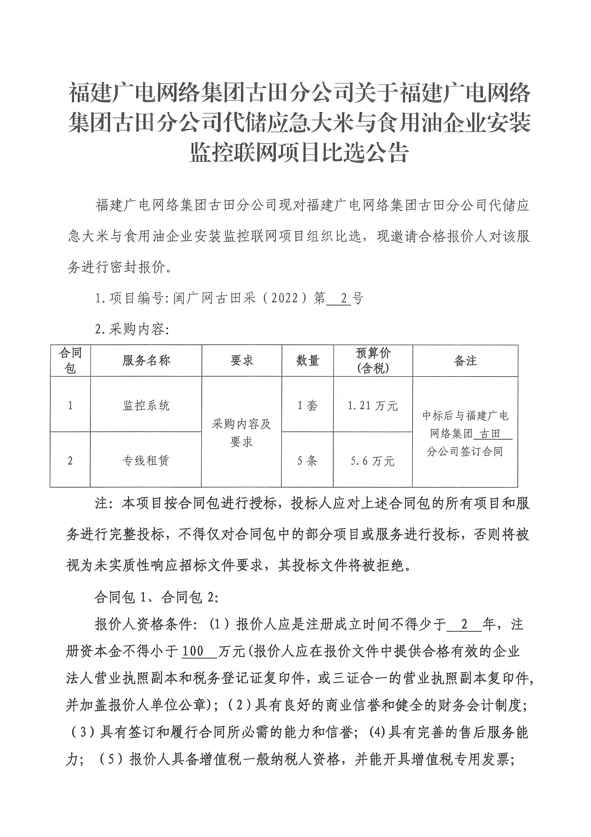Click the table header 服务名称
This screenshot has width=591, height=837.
[146, 361]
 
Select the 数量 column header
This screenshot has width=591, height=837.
[307, 361]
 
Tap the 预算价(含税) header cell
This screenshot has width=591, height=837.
[373, 361]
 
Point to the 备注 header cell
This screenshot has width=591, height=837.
[465, 361]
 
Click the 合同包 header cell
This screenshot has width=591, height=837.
[70, 361]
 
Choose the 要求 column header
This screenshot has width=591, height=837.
[241, 361]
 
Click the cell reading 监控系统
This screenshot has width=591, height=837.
[146, 405]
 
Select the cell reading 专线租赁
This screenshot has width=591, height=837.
[146, 461]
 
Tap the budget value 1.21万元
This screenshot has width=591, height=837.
[373, 405]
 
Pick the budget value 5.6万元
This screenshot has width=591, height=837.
[373, 461]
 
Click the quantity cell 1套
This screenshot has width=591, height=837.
[307, 405]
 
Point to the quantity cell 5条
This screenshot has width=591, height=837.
[307, 461]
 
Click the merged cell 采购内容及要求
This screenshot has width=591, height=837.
[241, 433]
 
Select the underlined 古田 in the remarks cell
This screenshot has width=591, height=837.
[490, 434]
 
